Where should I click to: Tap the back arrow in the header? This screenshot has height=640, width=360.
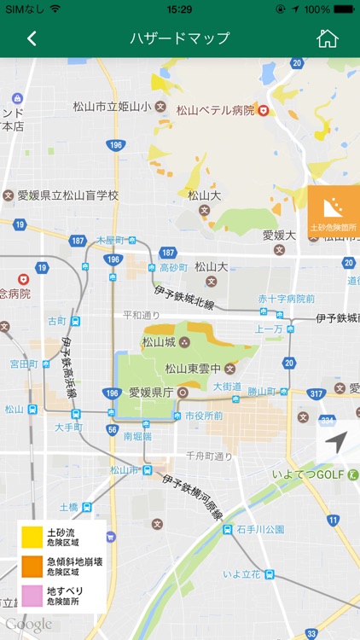(x=32, y=38)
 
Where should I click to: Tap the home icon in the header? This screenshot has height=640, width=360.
(x=327, y=38)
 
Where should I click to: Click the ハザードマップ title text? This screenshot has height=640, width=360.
(x=179, y=38)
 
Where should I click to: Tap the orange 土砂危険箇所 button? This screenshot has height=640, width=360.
(x=334, y=212)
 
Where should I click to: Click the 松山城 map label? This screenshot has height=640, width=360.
(x=159, y=342)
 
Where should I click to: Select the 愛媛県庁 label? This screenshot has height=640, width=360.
(x=151, y=393)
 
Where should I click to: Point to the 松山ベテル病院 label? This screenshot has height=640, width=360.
(x=215, y=110)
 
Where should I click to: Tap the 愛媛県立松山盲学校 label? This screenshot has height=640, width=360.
(x=67, y=195)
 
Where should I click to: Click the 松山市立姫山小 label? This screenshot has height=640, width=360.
(x=112, y=107)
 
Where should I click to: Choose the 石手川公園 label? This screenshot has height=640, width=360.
(x=261, y=529)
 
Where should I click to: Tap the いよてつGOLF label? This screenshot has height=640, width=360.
(x=308, y=474)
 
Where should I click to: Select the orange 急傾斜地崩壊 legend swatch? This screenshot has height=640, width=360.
(x=32, y=567)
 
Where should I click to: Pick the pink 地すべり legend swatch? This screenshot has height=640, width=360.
(x=32, y=595)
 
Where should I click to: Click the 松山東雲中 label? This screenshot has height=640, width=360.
(x=193, y=369)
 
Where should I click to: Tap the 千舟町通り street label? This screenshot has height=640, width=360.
(x=209, y=457)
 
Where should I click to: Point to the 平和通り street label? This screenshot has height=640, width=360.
(x=142, y=315)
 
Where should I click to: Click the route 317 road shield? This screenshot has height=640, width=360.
(x=316, y=393)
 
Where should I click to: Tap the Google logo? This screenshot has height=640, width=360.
(x=28, y=625)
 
